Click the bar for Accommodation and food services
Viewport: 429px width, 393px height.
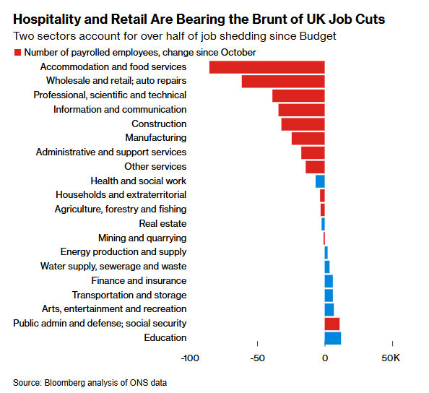click(x=267, y=67)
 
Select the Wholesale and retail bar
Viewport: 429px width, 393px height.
click(x=283, y=82)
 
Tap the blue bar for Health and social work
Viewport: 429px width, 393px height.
click(x=320, y=181)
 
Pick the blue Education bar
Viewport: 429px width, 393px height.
click(x=333, y=338)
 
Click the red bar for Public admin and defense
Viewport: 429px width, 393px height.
click(x=332, y=324)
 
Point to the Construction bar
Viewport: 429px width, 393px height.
click(x=303, y=124)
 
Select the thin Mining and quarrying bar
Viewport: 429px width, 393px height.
click(x=324, y=238)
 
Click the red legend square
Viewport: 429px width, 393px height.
click(x=17, y=53)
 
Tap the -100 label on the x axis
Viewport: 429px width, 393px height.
click(x=190, y=358)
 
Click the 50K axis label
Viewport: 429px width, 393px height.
click(x=391, y=358)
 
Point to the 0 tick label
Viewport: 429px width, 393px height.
click(x=325, y=358)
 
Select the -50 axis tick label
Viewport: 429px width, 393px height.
click(x=257, y=358)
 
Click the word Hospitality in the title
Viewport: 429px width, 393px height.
click(x=46, y=20)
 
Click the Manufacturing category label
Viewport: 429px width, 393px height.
click(x=156, y=138)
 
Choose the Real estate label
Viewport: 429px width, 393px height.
click(x=162, y=224)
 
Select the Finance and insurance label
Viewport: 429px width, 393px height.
click(x=139, y=281)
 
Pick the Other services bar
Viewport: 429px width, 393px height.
click(x=315, y=167)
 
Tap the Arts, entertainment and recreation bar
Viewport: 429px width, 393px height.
click(x=329, y=309)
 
